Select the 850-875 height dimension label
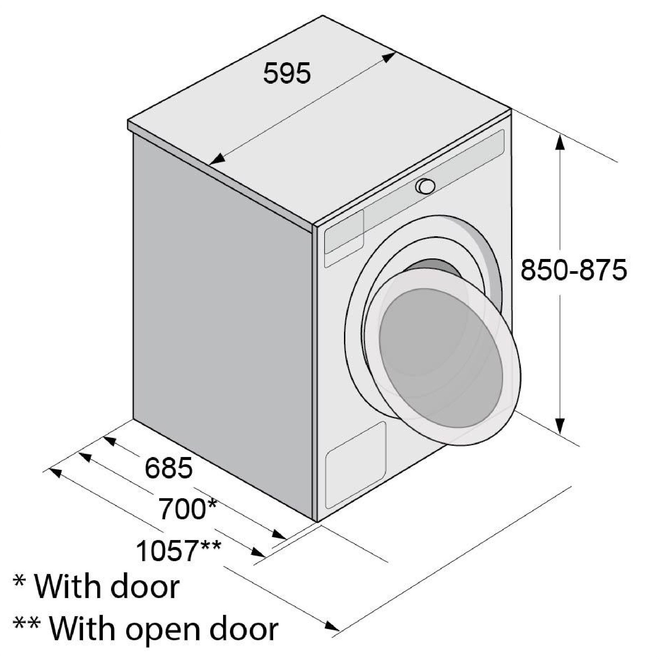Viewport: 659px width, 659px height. (x=574, y=270)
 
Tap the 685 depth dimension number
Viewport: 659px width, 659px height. (x=168, y=468)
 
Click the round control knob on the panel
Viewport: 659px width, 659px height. (x=425, y=186)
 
